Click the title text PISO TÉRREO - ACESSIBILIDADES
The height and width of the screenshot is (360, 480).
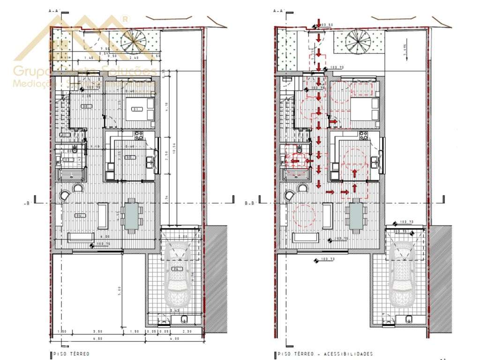coord(326,353)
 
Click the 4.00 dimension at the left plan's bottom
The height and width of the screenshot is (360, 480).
coord(174,338)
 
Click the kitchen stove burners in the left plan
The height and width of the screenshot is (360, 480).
coord(139,136)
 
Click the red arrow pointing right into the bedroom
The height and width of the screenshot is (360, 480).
coord(333,122)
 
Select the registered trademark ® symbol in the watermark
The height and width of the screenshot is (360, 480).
coord(125,19)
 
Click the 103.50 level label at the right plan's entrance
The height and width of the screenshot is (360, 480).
coord(327,24)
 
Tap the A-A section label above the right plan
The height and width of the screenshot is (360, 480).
coord(279,9)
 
